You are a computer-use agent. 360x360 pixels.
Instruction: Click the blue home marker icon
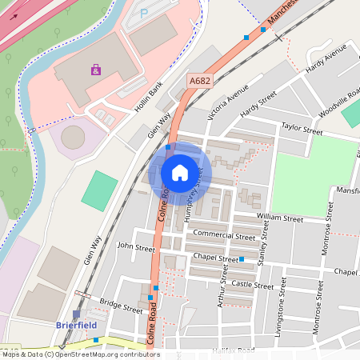tap(180, 172)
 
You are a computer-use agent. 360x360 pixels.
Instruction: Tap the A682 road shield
tap(200, 81)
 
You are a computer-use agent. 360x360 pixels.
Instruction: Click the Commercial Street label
tap(223, 236)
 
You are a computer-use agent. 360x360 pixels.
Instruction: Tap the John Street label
tap(136, 248)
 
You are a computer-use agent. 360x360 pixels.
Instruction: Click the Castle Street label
tap(252, 285)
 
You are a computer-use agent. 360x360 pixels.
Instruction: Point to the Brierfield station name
tap(77, 325)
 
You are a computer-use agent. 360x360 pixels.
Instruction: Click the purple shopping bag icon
tap(96, 70)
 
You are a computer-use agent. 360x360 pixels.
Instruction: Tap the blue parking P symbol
tap(144, 14)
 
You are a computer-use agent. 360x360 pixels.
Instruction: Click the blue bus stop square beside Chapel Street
tap(242, 259)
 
